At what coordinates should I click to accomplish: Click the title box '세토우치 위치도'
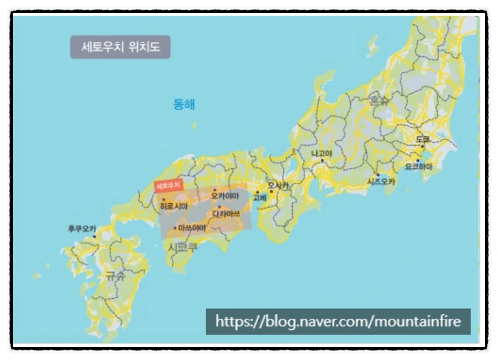click(120, 47)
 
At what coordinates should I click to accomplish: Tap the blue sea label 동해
click(184, 104)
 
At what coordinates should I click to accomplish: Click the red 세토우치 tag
click(167, 186)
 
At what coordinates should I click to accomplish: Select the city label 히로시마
click(174, 206)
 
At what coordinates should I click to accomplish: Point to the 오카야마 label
click(225, 195)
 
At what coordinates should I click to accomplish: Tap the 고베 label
click(260, 197)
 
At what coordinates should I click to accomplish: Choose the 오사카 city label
click(278, 186)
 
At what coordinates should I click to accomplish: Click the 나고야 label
click(322, 153)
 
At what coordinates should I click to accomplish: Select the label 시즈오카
click(381, 181)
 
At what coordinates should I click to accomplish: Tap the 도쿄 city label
click(423, 140)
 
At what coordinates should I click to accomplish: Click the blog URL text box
click(339, 321)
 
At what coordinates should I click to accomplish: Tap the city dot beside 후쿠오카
click(94, 236)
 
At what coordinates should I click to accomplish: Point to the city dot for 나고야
click(322, 161)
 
